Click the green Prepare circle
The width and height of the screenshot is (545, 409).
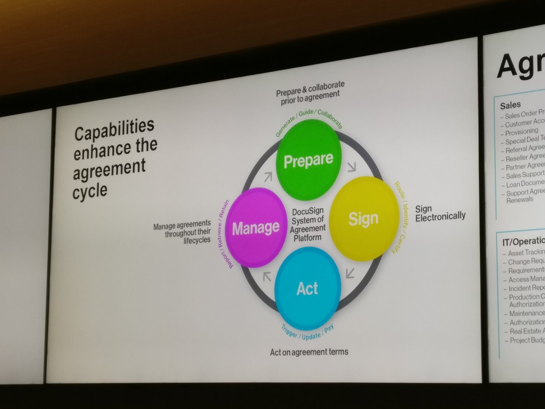pyautogui.click(x=309, y=160)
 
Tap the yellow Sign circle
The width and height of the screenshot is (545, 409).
pyautogui.click(x=364, y=219)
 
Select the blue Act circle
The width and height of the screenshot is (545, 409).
pyautogui.click(x=307, y=288)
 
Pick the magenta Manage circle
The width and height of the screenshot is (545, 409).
pyautogui.click(x=256, y=227)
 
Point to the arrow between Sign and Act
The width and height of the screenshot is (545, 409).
pyautogui.click(x=350, y=273)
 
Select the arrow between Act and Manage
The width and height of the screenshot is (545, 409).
pyautogui.click(x=267, y=276)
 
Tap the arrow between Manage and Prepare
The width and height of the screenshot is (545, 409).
pyautogui.click(x=267, y=176)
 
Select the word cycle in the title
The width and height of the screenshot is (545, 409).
pyautogui.click(x=90, y=190)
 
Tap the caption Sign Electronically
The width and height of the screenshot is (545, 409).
pyautogui.click(x=440, y=212)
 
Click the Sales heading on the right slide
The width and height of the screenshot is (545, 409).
pyautogui.click(x=510, y=105)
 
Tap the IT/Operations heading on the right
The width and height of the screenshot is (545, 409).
pyautogui.click(x=521, y=241)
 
